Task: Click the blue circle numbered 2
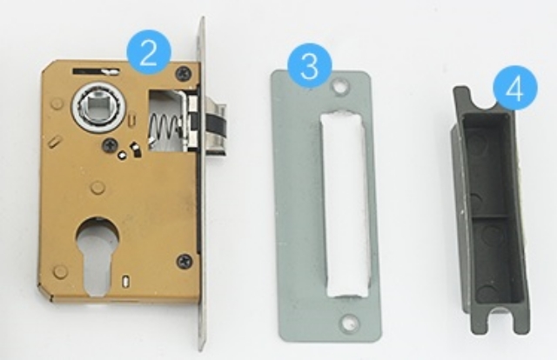149,53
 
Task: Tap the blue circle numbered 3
310,65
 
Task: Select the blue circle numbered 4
514,88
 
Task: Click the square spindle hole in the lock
95,105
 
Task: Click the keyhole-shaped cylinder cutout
97,255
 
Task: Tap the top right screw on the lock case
185,73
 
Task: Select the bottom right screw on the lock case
185,262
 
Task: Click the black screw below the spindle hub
110,145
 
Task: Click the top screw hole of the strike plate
340,86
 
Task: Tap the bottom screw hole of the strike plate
350,322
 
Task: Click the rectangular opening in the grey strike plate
345,204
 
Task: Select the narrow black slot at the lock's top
95,71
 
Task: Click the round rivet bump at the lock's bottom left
60,271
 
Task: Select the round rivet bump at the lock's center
97,188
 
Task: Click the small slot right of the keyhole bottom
124,281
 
